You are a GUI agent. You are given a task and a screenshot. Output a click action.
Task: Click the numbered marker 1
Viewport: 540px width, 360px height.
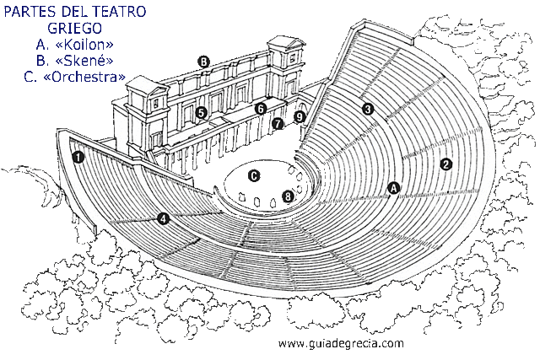(x=78, y=157)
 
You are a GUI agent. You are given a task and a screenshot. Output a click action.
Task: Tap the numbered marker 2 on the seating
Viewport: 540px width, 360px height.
(x=446, y=165)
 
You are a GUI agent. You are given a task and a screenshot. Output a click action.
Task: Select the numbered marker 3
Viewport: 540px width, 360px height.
(x=367, y=109)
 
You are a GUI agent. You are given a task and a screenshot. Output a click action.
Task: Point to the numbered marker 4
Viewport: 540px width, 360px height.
(x=163, y=218)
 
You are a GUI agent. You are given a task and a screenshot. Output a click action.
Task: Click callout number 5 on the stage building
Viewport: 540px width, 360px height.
(x=201, y=112)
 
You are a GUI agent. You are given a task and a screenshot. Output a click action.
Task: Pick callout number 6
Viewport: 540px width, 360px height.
(x=261, y=109)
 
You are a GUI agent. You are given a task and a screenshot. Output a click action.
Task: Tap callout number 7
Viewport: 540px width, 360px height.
(x=278, y=123)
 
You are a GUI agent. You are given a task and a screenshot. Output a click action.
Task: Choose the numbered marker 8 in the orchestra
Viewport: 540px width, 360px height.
(x=289, y=196)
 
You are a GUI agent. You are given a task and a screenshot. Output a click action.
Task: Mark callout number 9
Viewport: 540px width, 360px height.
(x=299, y=116)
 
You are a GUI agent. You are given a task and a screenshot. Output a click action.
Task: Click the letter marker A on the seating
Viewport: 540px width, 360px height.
(x=392, y=188)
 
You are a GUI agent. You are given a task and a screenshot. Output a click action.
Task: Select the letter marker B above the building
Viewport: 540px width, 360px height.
(x=203, y=61)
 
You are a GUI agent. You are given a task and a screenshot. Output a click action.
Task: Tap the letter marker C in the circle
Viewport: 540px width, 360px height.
(x=253, y=175)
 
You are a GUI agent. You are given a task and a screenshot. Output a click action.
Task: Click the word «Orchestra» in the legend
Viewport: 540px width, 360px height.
(x=87, y=77)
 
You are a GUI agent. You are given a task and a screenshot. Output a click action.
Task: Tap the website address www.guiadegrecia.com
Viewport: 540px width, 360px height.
(x=341, y=343)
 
